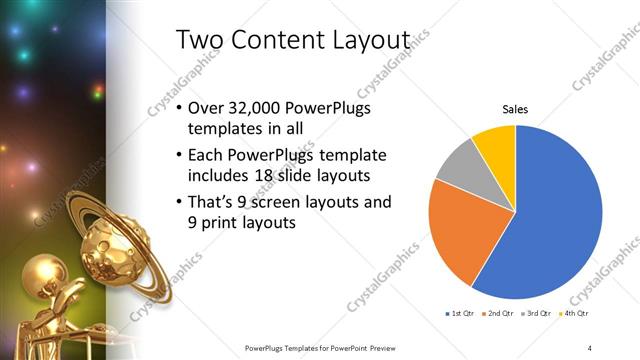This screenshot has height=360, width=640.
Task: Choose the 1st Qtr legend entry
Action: [x=463, y=315]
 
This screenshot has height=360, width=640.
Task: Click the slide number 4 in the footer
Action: [x=589, y=347]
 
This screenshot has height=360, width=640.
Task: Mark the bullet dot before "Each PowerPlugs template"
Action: [x=178, y=156]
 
